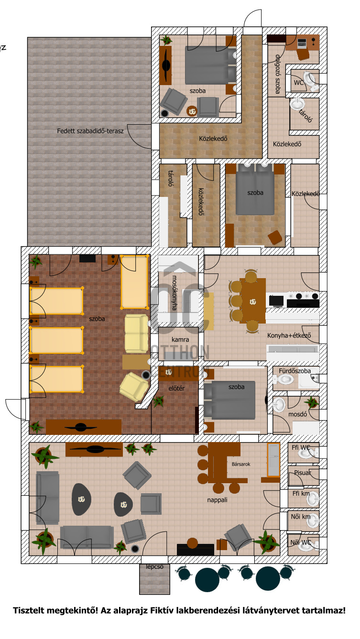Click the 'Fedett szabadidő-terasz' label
tap(90, 130)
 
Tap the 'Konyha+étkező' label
tap(289, 336)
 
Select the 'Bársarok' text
tap(241, 464)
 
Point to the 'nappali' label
tap(217, 500)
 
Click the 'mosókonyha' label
tap(174, 292)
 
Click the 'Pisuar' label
tap(303, 473)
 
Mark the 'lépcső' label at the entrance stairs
tap(155, 567)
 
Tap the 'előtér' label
tap(176, 388)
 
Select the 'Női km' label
tap(301, 516)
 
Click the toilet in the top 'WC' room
tap(312, 80)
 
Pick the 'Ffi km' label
tap(301, 493)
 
